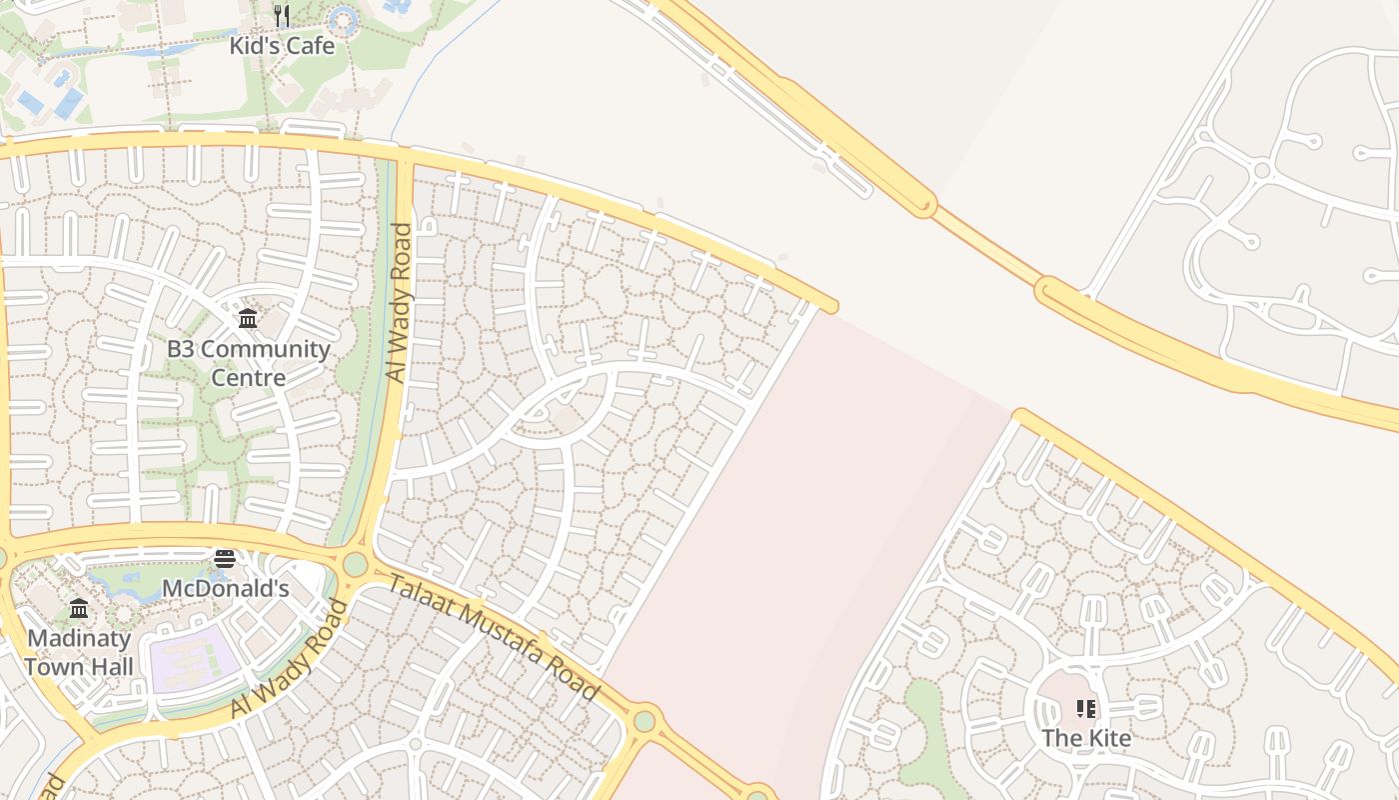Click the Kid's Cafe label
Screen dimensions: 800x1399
point(282,46)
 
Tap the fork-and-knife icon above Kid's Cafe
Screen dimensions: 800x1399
point(282,16)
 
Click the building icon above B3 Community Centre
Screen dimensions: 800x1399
point(248,319)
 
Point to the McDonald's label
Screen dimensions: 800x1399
point(225,588)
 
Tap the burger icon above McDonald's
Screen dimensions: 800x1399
point(225,558)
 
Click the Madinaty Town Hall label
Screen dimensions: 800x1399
point(79,652)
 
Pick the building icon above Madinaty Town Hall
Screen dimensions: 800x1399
point(79,609)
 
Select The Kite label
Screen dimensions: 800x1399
point(1086,738)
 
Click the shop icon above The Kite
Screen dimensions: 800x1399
point(1086,709)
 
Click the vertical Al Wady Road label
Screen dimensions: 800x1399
point(399,302)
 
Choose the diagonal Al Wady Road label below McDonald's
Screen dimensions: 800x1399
point(291,658)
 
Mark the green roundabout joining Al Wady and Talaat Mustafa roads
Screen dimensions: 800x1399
point(356,564)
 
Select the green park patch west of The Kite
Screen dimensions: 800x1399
point(924,730)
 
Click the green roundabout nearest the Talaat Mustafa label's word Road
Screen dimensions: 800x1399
point(645,720)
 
